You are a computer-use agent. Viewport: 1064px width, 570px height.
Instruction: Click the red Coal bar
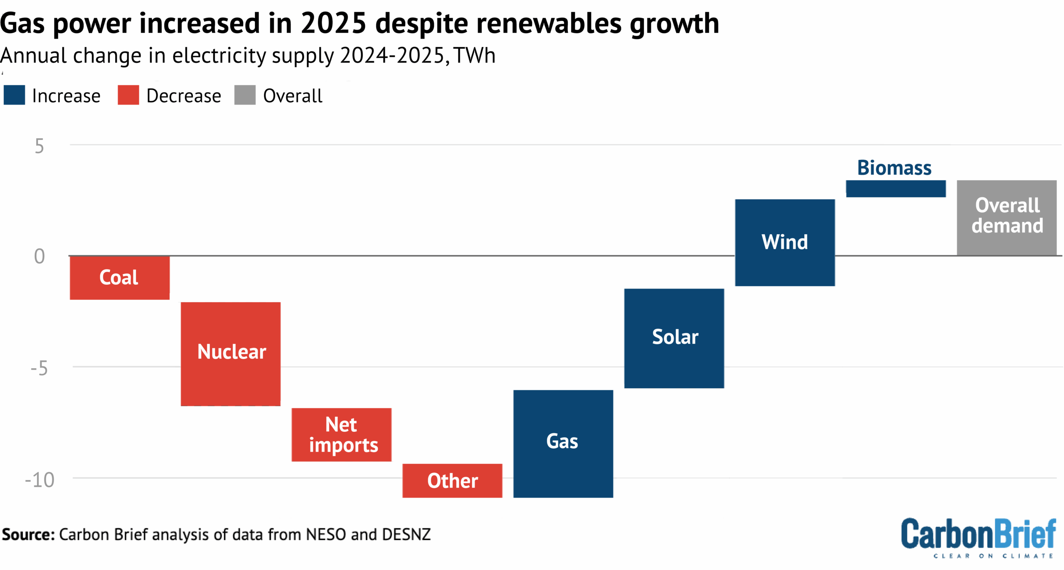(x=120, y=277)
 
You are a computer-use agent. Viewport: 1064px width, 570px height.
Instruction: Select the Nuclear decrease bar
(x=231, y=354)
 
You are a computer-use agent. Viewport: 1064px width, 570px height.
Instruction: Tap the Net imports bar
(x=341, y=435)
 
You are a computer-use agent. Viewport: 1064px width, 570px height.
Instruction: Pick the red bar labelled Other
(x=452, y=480)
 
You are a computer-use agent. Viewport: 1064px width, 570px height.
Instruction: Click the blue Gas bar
(x=563, y=443)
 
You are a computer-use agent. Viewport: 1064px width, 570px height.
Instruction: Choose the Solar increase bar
(x=674, y=338)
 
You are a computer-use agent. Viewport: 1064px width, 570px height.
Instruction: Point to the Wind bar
(x=785, y=242)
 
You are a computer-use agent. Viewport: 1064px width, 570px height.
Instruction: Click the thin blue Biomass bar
(x=896, y=188)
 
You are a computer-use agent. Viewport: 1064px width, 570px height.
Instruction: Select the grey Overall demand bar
(x=1006, y=218)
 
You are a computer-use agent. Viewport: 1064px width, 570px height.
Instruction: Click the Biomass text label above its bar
(x=894, y=168)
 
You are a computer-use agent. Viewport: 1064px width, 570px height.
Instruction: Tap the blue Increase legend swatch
(x=14, y=95)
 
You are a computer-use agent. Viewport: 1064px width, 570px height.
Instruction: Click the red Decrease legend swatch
(x=128, y=95)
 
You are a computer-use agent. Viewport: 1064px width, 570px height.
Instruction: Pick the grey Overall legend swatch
(x=245, y=95)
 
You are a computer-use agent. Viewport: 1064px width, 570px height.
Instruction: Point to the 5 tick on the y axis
(x=39, y=146)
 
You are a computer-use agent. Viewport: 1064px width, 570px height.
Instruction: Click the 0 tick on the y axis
(x=39, y=256)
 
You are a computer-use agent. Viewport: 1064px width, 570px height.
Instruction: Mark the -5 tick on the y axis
(x=39, y=368)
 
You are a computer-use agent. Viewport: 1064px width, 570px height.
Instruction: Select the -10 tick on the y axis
(x=40, y=479)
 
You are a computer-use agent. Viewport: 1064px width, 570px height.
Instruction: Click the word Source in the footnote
(x=28, y=534)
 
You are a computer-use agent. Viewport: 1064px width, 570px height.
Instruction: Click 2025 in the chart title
(x=333, y=23)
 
